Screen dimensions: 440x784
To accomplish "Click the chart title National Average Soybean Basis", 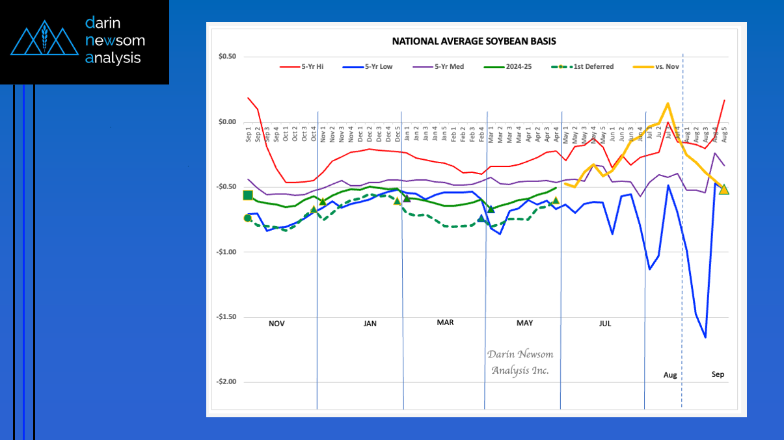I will pyautogui.click(x=474, y=41).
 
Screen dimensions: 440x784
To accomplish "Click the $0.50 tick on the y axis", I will pyautogui.click(x=227, y=57).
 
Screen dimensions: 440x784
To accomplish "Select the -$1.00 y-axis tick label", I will pyautogui.click(x=225, y=252).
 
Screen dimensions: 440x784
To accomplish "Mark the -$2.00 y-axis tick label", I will pyautogui.click(x=225, y=382).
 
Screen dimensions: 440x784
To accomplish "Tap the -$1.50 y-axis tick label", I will pyautogui.click(x=225, y=317).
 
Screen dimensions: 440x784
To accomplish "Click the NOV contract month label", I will pyautogui.click(x=277, y=323).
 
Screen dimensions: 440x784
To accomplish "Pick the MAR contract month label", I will pyautogui.click(x=445, y=322).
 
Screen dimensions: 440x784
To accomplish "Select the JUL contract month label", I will pyautogui.click(x=604, y=323).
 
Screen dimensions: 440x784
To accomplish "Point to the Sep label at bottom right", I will pyautogui.click(x=718, y=374).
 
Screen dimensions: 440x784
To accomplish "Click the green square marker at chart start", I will pyautogui.click(x=248, y=196).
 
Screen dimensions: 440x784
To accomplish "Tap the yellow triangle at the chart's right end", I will pyautogui.click(x=724, y=189).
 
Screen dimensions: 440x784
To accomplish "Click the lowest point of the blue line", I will pyautogui.click(x=705, y=337).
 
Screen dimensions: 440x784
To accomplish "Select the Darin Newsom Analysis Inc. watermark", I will pyautogui.click(x=520, y=362).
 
